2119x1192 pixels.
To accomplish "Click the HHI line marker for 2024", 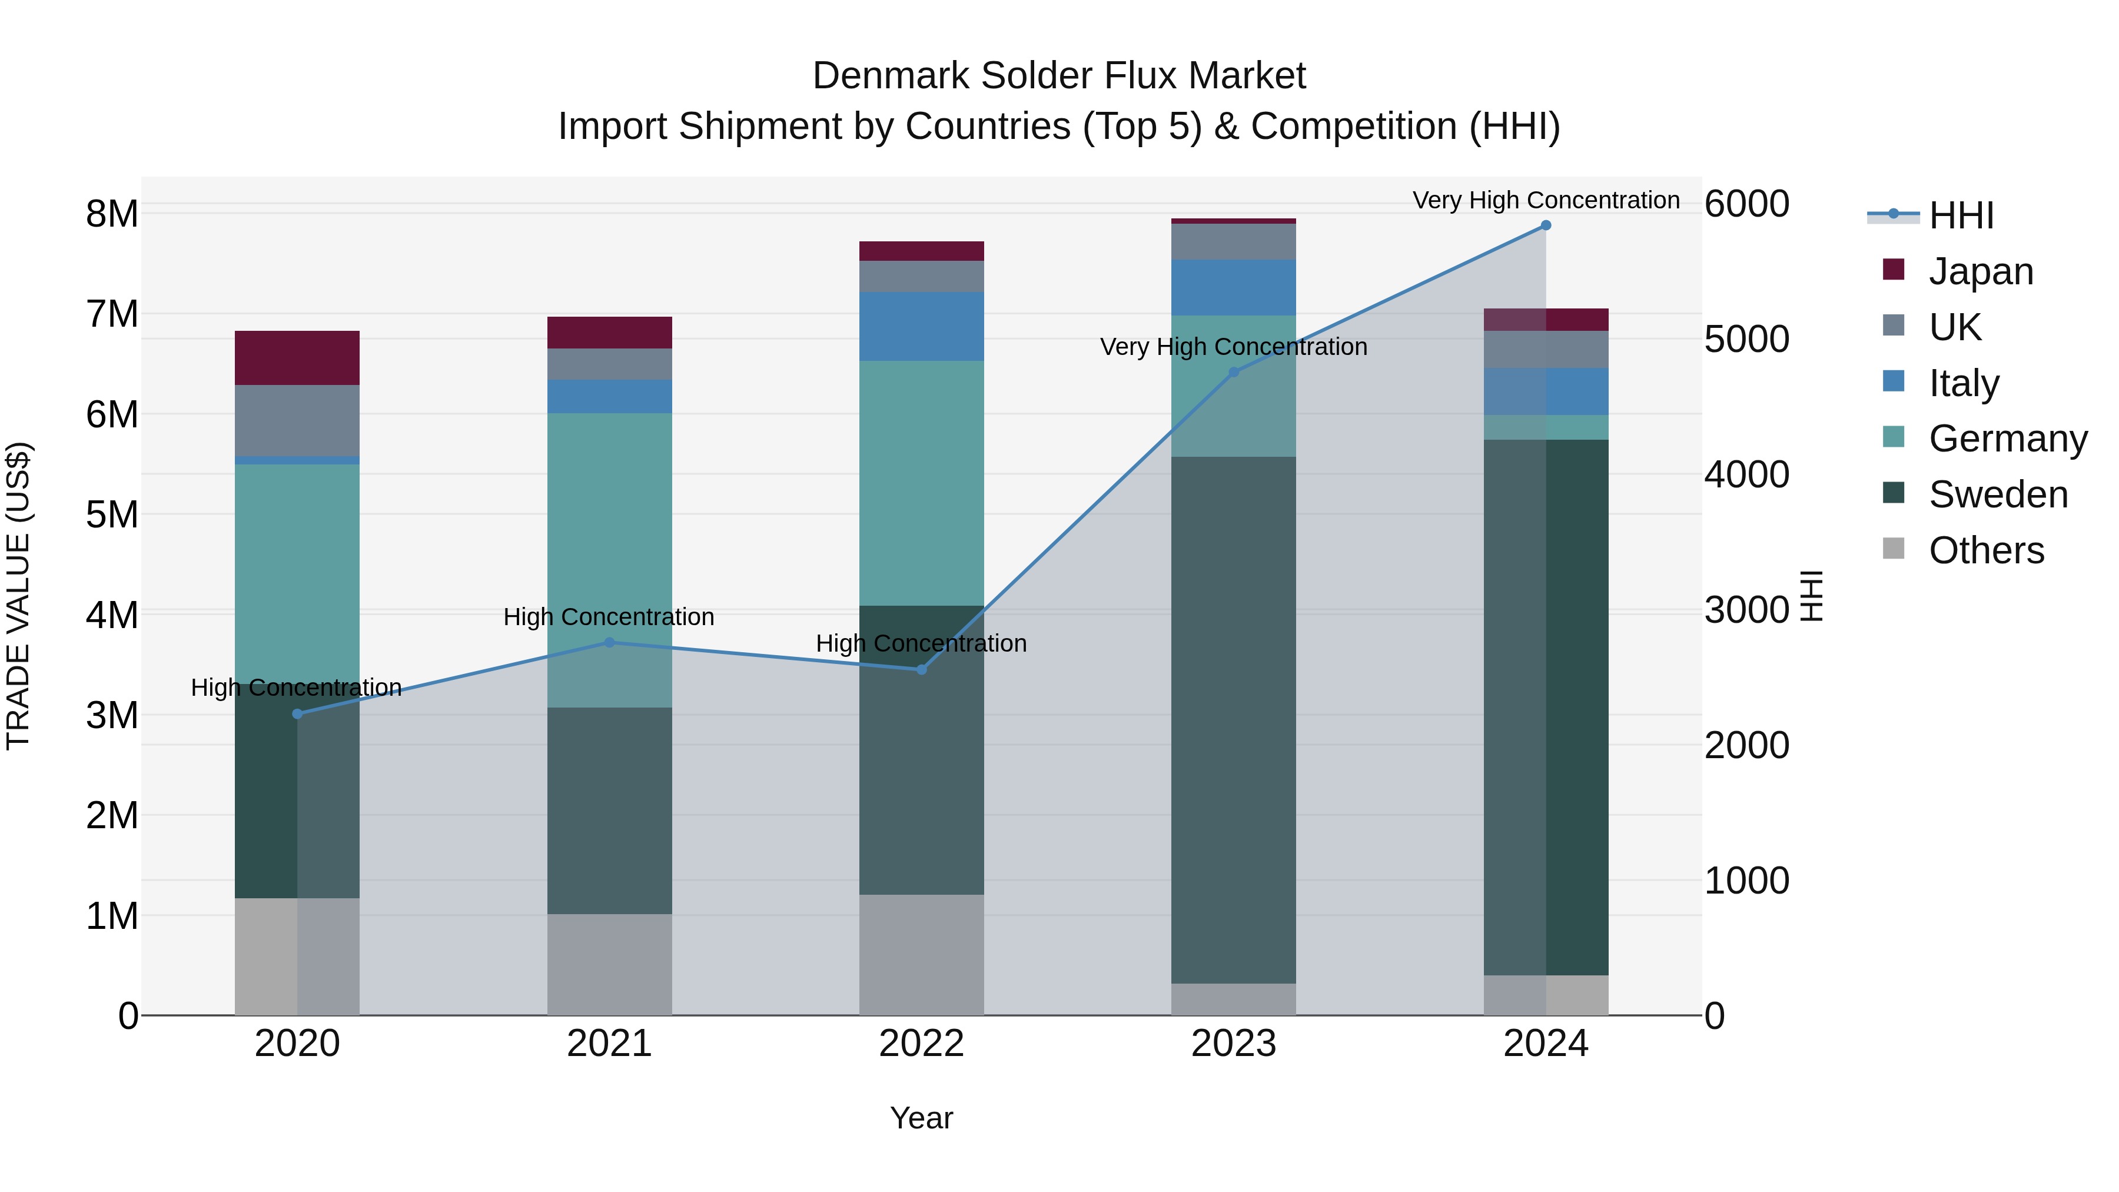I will click(1546, 225).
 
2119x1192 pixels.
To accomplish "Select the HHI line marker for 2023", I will click(1234, 373).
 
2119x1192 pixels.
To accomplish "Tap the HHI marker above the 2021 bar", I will click(610, 642).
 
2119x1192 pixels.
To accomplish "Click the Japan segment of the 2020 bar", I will click(297, 358).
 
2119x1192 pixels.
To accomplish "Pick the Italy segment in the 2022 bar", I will click(921, 327).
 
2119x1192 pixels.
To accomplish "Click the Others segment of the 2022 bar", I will click(921, 954).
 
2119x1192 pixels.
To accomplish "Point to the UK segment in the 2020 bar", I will click(297, 420).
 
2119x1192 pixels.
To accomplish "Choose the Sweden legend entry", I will click(1997, 495).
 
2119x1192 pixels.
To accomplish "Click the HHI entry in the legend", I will click(1961, 215).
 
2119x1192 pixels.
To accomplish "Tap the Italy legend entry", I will click(1964, 383).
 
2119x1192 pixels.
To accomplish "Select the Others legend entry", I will click(1986, 550).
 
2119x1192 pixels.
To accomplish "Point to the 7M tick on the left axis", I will click(112, 314).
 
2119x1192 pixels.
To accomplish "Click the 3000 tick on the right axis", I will click(1746, 610).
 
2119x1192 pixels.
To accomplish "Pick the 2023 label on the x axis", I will click(1234, 1044).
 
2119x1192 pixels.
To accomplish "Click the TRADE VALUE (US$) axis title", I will click(19, 596).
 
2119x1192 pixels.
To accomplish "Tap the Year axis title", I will click(921, 1118).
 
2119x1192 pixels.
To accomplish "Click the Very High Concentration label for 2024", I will click(1546, 200).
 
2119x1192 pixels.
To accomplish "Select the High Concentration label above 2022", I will click(921, 643).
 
